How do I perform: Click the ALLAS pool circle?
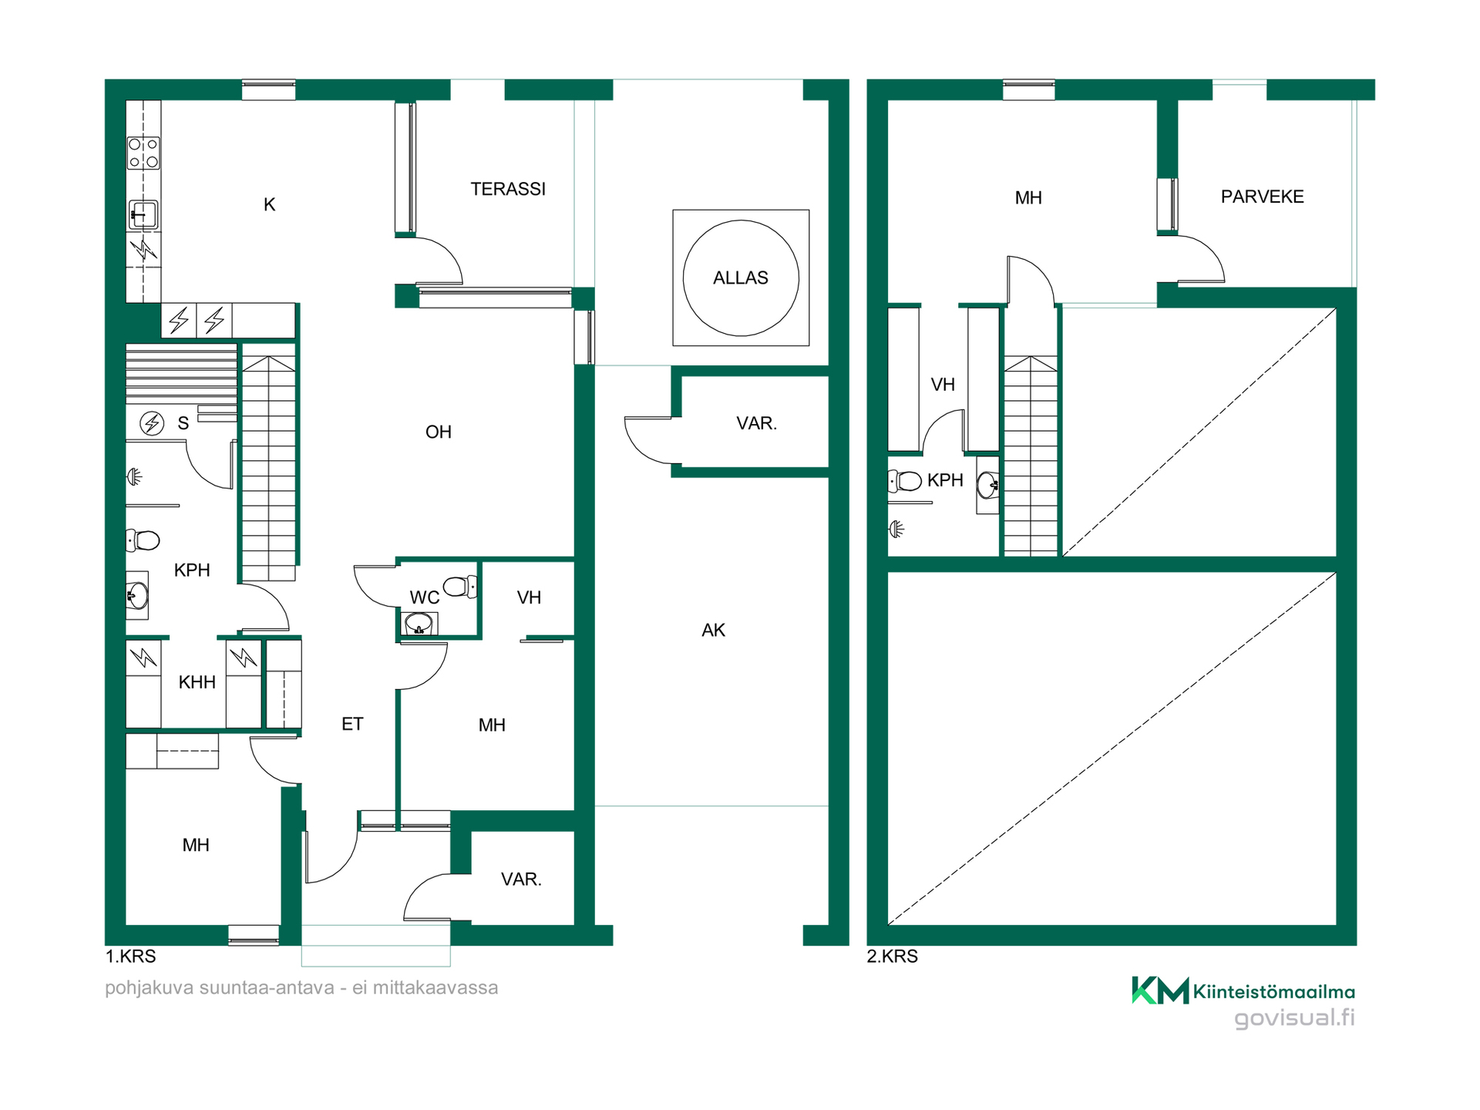tap(741, 221)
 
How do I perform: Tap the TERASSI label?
tap(508, 189)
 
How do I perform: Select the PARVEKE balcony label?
tap(1262, 197)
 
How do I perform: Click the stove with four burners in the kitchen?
tap(143, 153)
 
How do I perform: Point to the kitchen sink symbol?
tap(143, 215)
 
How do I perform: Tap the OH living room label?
tap(439, 432)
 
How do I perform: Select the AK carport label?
tap(713, 631)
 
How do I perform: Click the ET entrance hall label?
tap(352, 724)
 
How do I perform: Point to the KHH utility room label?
tap(197, 682)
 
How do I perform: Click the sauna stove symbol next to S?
tap(152, 423)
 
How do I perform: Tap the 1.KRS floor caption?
tap(130, 957)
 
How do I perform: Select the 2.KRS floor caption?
tap(892, 957)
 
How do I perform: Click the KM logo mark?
tap(1160, 991)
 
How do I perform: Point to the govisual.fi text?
tap(1294, 1018)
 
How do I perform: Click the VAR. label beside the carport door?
tap(756, 423)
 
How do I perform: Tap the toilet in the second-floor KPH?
tap(905, 482)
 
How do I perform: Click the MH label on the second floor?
tap(1028, 198)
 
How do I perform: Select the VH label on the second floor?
tap(943, 385)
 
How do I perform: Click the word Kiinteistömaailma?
tap(1274, 992)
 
